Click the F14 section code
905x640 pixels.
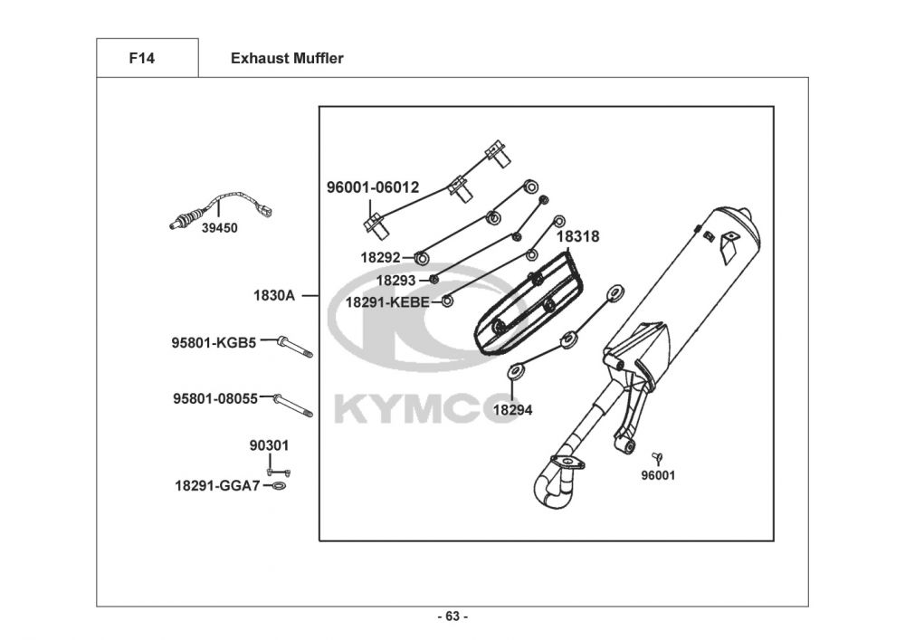tap(142, 59)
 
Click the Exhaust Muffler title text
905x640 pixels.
tap(287, 59)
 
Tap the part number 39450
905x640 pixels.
tap(219, 228)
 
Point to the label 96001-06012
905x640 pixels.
tap(373, 187)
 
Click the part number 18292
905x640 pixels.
tap(380, 258)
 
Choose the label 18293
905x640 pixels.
tap(396, 281)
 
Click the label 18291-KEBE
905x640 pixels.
tap(387, 302)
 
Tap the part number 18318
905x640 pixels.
tap(577, 237)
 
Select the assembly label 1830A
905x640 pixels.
tap(274, 295)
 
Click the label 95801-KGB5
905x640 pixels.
tap(214, 342)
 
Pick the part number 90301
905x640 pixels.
tap(269, 446)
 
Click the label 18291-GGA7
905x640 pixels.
tap(217, 486)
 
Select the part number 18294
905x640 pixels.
tap(512, 409)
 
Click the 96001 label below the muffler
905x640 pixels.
tap(658, 475)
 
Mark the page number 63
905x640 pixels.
tap(452, 616)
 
